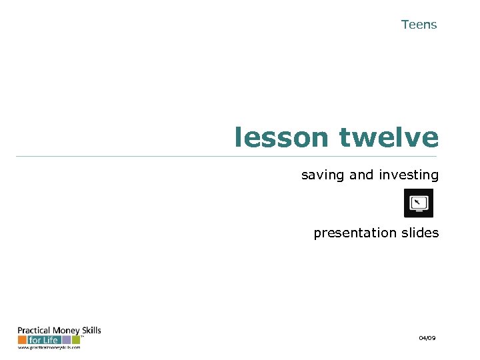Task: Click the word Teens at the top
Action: coord(419,25)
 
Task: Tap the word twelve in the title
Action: coord(389,138)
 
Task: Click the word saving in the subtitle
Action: coord(323,175)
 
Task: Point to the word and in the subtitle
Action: coord(361,175)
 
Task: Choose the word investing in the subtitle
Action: coord(409,175)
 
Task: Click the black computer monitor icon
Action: coord(419,203)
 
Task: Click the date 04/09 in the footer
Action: coord(427,339)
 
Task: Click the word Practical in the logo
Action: coord(31,331)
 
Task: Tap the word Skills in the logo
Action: coord(89,330)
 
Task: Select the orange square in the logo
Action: coord(22,340)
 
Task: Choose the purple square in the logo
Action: coord(67,340)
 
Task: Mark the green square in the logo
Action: coord(75,340)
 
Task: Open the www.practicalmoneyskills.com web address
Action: coord(49,347)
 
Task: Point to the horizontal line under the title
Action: coord(227,157)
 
